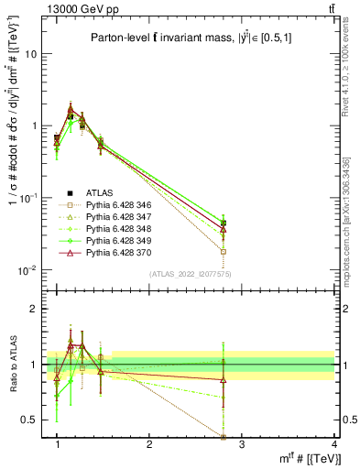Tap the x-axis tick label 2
pyautogui.click(x=149, y=443)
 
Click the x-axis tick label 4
pyautogui.click(x=333, y=443)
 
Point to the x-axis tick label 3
pyautogui.click(x=242, y=443)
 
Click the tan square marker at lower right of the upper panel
pyautogui.click(x=249, y=251)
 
